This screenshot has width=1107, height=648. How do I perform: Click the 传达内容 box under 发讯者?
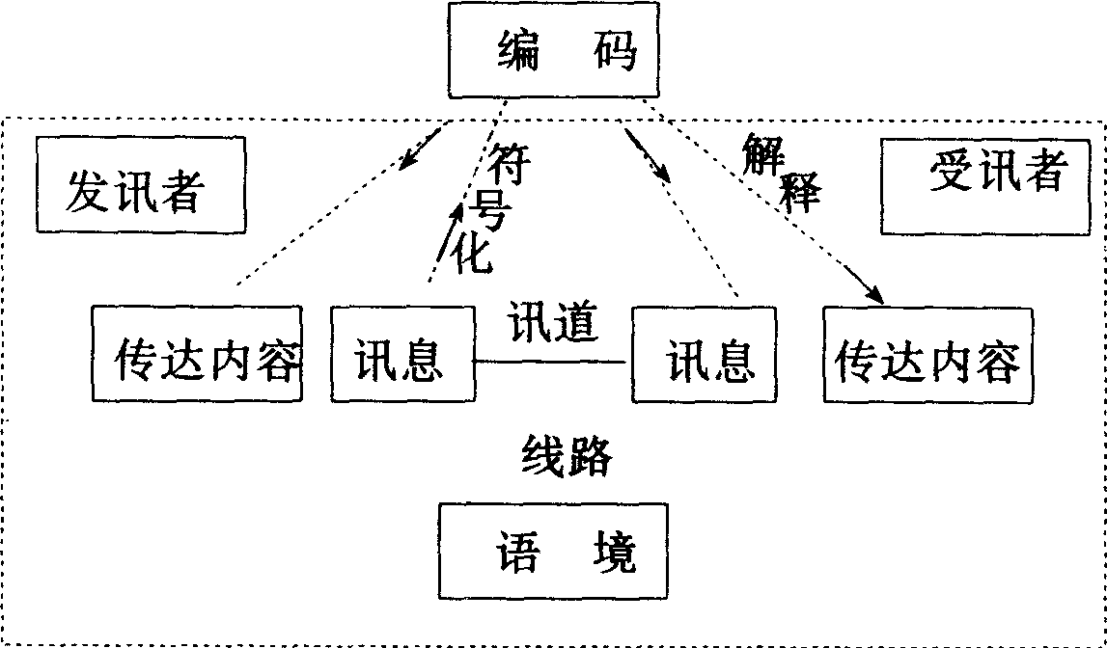(x=197, y=353)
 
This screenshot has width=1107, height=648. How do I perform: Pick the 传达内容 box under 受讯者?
(x=927, y=353)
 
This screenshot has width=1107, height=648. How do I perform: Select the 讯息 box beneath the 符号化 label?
(x=402, y=353)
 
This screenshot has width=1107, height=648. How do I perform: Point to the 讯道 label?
(x=553, y=323)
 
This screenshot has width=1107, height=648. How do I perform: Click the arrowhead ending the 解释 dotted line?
(x=873, y=292)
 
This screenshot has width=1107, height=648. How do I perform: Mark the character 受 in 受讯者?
(x=948, y=174)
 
